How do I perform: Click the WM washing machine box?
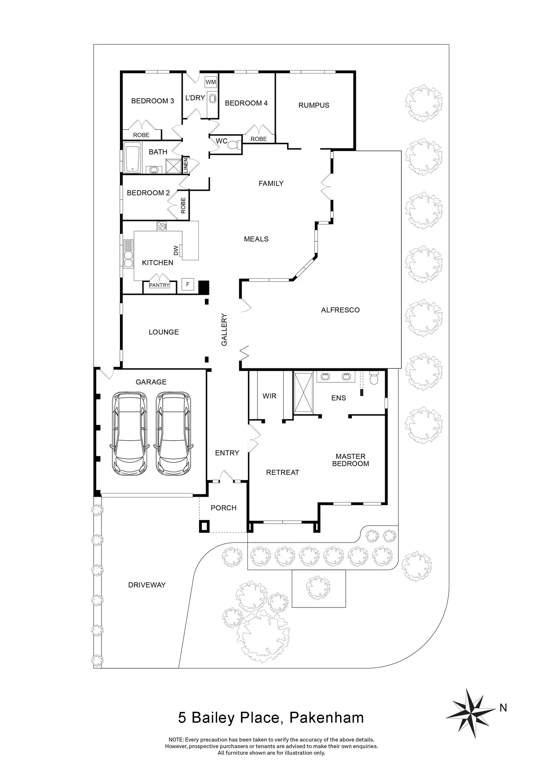click(x=211, y=82)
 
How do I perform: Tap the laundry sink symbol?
click(x=213, y=98)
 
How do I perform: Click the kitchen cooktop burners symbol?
click(x=162, y=225)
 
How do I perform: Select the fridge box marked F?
click(x=188, y=284)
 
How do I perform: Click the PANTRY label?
click(x=159, y=285)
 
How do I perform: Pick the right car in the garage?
click(x=173, y=433)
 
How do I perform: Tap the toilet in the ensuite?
click(x=374, y=379)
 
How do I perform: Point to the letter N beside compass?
click(x=503, y=707)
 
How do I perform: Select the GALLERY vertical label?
click(x=224, y=330)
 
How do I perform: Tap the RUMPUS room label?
click(x=314, y=105)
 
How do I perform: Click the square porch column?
click(x=204, y=526)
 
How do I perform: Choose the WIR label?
click(x=269, y=396)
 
